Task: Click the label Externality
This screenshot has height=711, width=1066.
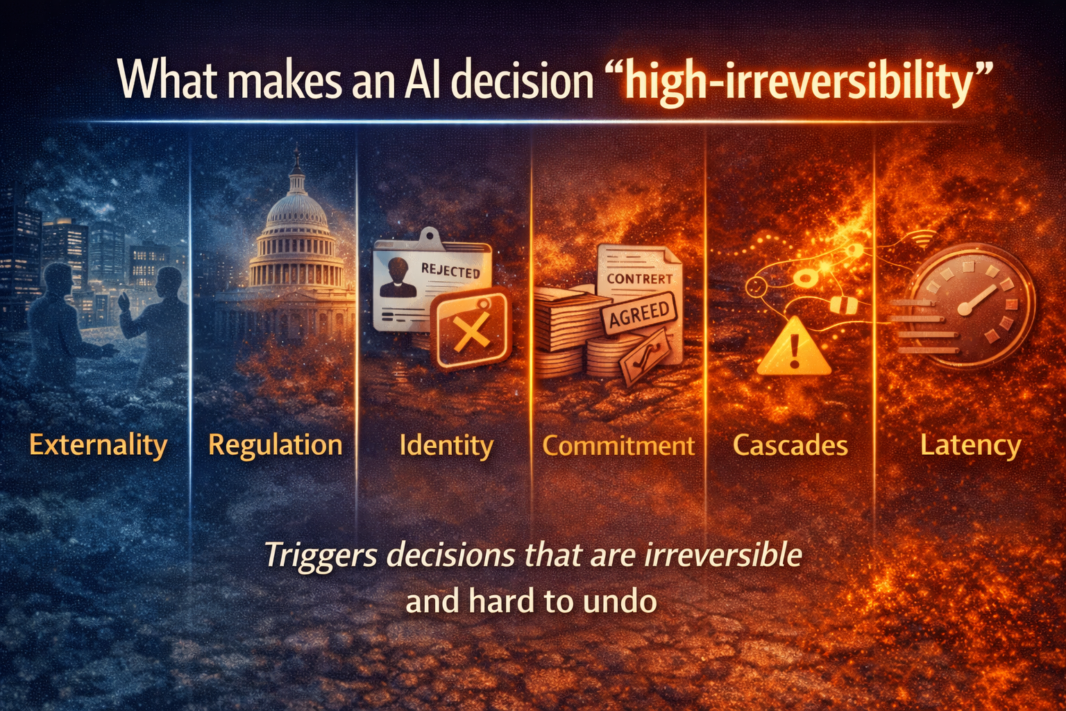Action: tap(99, 445)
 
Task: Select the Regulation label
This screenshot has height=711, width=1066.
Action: tap(276, 445)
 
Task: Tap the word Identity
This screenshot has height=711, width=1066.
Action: tap(446, 445)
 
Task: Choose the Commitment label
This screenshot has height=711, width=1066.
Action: tap(618, 446)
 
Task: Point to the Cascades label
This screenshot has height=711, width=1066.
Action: tap(790, 446)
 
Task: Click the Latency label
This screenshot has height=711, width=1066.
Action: tap(970, 445)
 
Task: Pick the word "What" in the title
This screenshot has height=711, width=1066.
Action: tap(167, 81)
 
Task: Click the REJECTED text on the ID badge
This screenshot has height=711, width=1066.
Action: tap(450, 271)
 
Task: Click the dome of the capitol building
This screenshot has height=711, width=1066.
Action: tap(297, 208)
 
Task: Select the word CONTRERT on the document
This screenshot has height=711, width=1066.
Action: tap(639, 279)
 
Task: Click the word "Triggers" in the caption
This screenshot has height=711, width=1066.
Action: tap(321, 555)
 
